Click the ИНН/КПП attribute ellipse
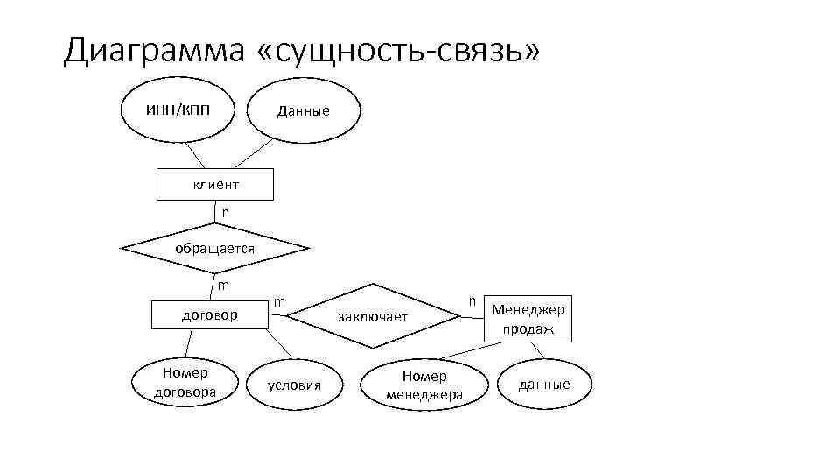(178, 109)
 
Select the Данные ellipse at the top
(303, 110)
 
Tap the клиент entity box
(215, 185)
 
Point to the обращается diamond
(215, 248)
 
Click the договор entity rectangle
(210, 314)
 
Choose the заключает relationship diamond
(374, 316)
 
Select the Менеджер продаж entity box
(528, 318)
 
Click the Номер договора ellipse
(185, 383)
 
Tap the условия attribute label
(295, 385)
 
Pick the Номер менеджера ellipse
(423, 385)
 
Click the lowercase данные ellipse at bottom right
(544, 384)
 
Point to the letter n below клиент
(226, 213)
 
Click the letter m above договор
(224, 286)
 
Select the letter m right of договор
(279, 301)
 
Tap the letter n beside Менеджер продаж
(472, 300)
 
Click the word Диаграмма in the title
(154, 51)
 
